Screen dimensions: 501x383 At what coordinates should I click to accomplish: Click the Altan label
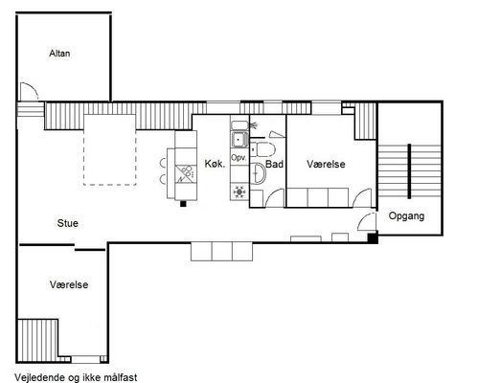click(x=59, y=53)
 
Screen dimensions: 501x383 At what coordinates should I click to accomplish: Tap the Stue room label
click(x=67, y=223)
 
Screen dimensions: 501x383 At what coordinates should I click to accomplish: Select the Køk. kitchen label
click(x=215, y=164)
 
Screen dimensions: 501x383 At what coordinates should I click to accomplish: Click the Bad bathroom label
click(x=275, y=164)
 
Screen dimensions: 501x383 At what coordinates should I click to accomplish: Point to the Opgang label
click(x=406, y=216)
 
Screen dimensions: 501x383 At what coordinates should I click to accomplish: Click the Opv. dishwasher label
click(x=239, y=158)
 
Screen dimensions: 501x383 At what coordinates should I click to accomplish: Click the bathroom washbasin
click(x=258, y=173)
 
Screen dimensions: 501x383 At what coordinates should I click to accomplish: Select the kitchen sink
click(x=239, y=140)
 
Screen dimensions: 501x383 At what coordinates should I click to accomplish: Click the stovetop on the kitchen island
click(x=185, y=174)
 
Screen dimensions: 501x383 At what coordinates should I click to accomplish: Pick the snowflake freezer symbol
click(x=239, y=191)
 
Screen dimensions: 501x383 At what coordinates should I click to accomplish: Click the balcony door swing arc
click(x=30, y=91)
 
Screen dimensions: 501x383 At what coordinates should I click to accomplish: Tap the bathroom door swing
click(x=275, y=198)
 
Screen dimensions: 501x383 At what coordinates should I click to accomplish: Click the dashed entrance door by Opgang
click(x=367, y=220)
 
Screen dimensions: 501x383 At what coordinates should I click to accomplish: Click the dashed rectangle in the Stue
click(x=109, y=149)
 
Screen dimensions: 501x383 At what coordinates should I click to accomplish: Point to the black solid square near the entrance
click(x=373, y=238)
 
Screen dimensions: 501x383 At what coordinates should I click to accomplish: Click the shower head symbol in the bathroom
click(x=254, y=125)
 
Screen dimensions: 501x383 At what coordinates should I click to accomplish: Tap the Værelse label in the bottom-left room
click(x=69, y=284)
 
